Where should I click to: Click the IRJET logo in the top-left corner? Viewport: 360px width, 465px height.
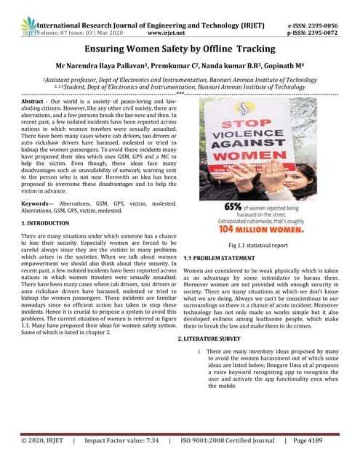(28, 28)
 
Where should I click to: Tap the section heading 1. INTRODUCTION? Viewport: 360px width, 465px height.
(45, 223)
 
